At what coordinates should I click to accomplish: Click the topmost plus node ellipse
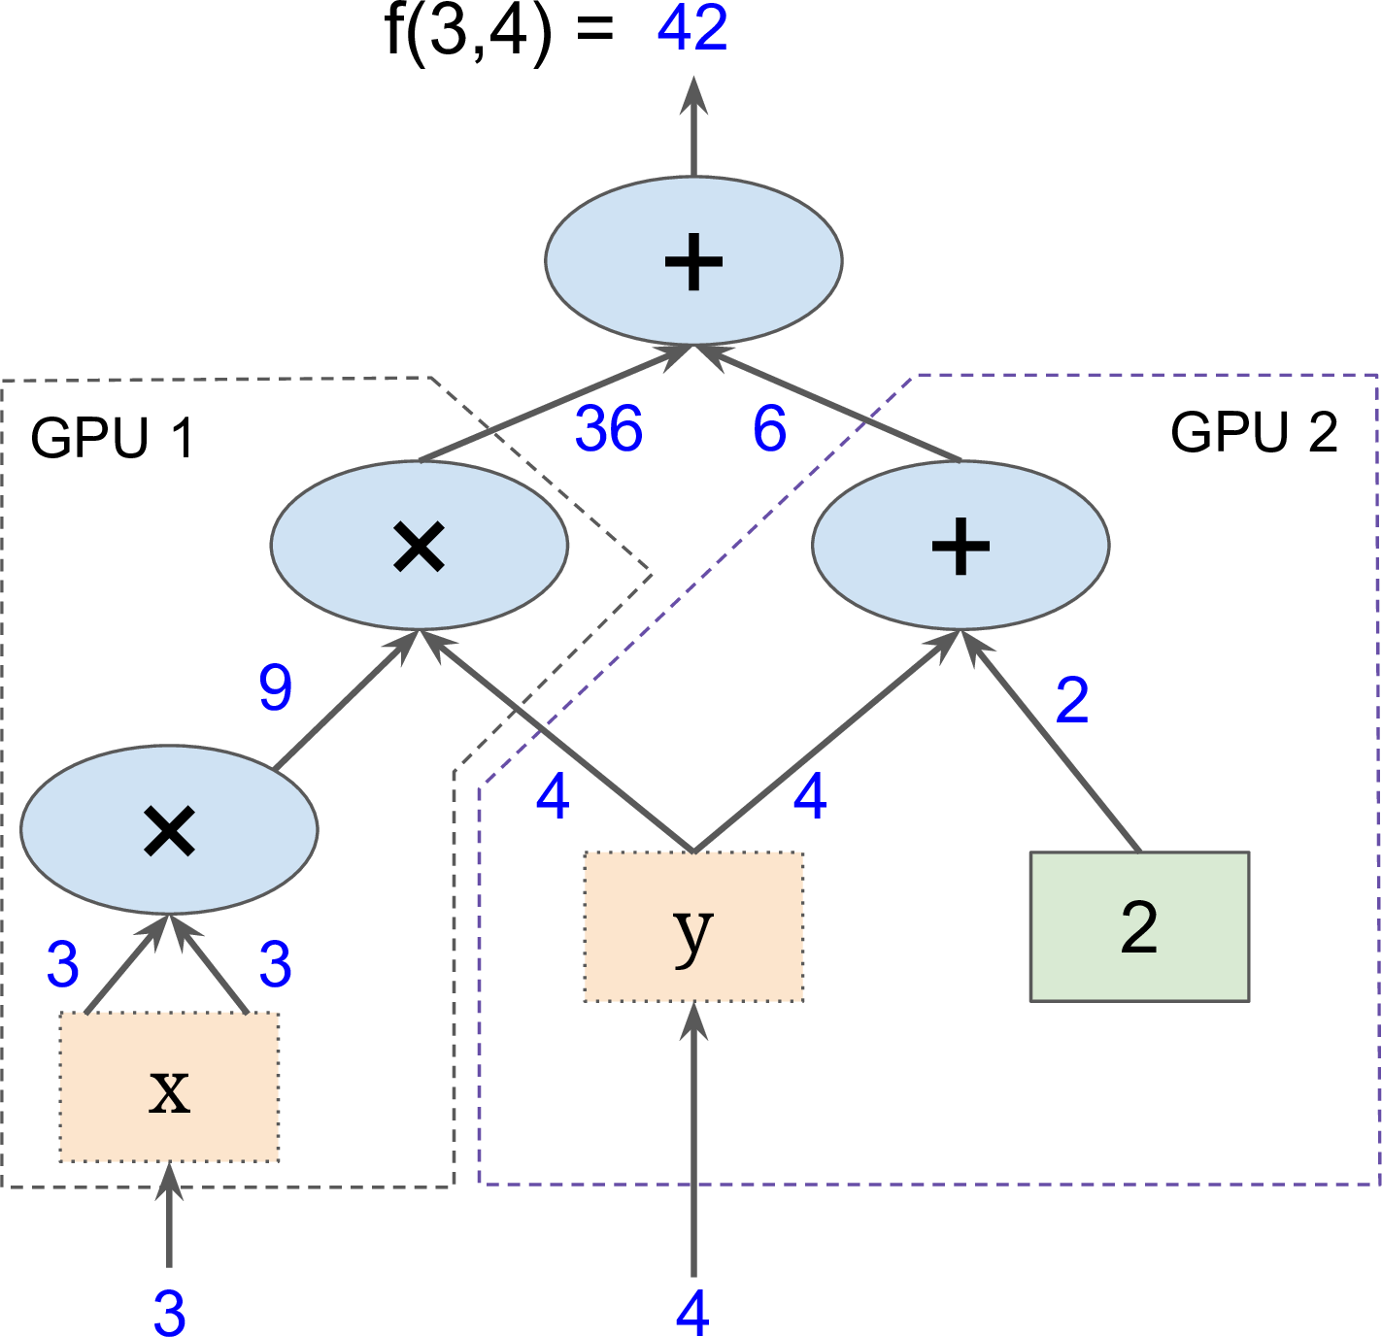(693, 260)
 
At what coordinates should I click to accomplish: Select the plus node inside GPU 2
(961, 546)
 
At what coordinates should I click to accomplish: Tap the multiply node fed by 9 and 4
(419, 546)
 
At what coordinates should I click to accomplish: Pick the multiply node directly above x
(169, 829)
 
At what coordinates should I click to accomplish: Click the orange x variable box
(169, 1087)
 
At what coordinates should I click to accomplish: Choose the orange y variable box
(693, 926)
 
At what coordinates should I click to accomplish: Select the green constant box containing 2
(1139, 926)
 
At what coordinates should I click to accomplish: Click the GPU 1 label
(113, 437)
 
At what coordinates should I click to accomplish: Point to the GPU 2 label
(1254, 432)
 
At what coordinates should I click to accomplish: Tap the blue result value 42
(692, 28)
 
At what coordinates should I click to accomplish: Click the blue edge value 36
(609, 428)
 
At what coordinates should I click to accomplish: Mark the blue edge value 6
(770, 428)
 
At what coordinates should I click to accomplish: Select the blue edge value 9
(276, 686)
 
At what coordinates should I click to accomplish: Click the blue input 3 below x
(170, 1313)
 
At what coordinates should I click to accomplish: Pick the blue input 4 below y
(692, 1313)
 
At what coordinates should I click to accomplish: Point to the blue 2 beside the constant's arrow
(1072, 700)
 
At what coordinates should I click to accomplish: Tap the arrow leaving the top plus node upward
(693, 125)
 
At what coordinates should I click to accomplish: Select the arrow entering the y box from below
(693, 1140)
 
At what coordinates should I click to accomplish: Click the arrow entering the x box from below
(169, 1216)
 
